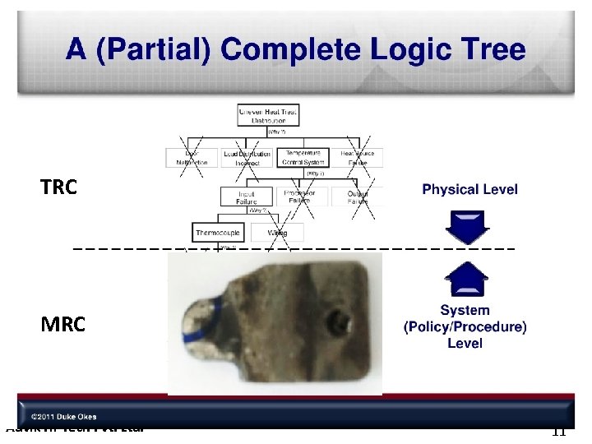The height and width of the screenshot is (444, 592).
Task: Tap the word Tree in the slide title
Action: [x=493, y=50]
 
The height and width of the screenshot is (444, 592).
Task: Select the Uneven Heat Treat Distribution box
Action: [x=269, y=115]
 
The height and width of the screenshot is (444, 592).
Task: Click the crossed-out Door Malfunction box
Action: [x=192, y=158]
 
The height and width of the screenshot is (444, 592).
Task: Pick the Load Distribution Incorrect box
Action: [x=247, y=158]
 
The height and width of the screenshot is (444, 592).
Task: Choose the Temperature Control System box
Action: [x=302, y=158]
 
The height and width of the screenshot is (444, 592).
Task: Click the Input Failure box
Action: [x=247, y=197]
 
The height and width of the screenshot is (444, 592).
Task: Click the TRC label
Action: [x=59, y=187]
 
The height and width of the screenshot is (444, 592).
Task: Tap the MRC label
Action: [x=62, y=325]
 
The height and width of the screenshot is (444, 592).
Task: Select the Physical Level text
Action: [x=469, y=189]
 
